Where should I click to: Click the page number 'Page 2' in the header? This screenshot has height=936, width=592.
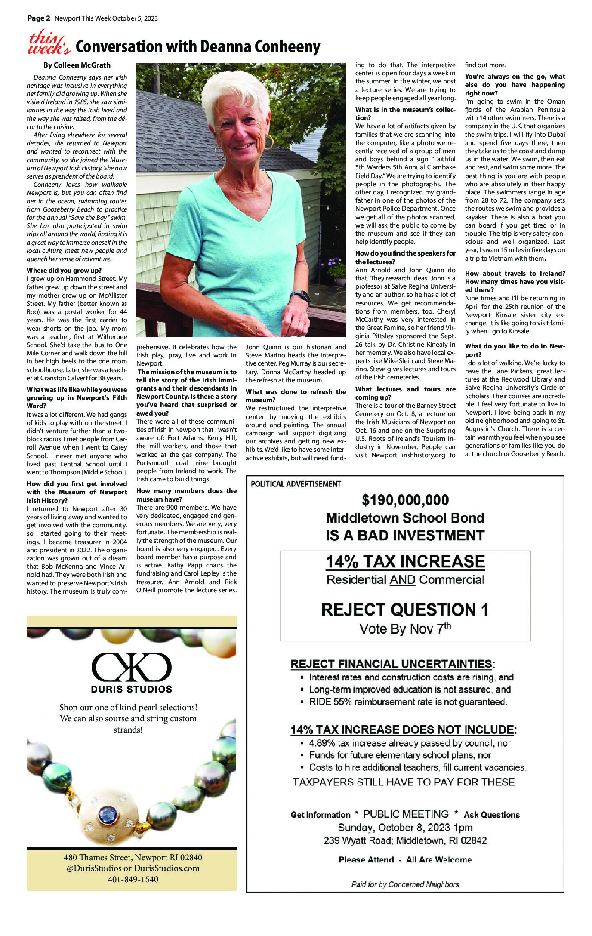pyautogui.click(x=39, y=18)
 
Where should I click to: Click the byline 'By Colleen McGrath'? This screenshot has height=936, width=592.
pyautogui.click(x=77, y=65)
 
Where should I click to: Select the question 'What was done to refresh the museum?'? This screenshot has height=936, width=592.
pyautogui.click(x=296, y=395)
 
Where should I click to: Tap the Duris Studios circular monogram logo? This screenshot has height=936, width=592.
pyautogui.click(x=131, y=666)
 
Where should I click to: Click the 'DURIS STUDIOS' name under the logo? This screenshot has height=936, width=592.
pyautogui.click(x=131, y=689)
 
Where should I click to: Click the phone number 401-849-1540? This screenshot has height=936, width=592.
pyautogui.click(x=131, y=879)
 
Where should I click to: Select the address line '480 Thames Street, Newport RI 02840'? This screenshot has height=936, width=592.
pyautogui.click(x=131, y=857)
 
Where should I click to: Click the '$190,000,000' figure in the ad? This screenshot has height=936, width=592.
pyautogui.click(x=405, y=500)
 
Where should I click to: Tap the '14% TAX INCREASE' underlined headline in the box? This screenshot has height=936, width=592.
pyautogui.click(x=405, y=561)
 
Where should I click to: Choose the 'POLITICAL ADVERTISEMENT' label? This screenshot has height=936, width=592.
pyautogui.click(x=296, y=484)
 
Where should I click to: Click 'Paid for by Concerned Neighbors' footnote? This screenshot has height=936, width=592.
pyautogui.click(x=405, y=884)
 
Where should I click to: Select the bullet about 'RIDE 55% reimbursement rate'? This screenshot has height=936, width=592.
pyautogui.click(x=408, y=702)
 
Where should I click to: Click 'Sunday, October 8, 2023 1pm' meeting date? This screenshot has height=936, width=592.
pyautogui.click(x=405, y=827)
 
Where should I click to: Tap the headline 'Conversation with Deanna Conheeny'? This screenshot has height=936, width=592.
pyautogui.click(x=198, y=47)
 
